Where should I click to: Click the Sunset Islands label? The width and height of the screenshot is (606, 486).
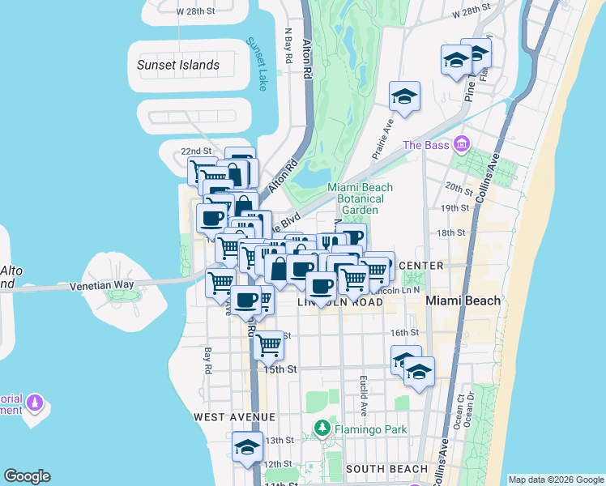[x=178, y=65]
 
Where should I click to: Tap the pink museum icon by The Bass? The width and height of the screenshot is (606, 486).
[x=462, y=145]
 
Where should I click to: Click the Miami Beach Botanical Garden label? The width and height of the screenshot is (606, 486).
[x=361, y=198]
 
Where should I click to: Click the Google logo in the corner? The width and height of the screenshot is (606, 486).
[x=27, y=476]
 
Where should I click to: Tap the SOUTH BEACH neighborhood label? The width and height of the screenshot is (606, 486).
[x=386, y=469]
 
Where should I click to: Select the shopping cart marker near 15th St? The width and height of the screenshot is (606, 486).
[x=268, y=345]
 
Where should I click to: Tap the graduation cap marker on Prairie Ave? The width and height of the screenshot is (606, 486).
[x=403, y=96]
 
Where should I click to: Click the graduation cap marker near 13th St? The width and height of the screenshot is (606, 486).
[x=247, y=447]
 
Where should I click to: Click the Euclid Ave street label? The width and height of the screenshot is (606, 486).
[x=364, y=393]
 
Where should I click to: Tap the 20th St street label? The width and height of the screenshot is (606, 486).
[x=459, y=189]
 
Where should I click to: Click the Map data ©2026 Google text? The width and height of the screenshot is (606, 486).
[x=556, y=480]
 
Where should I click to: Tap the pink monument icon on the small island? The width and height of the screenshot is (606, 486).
[x=34, y=402]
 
